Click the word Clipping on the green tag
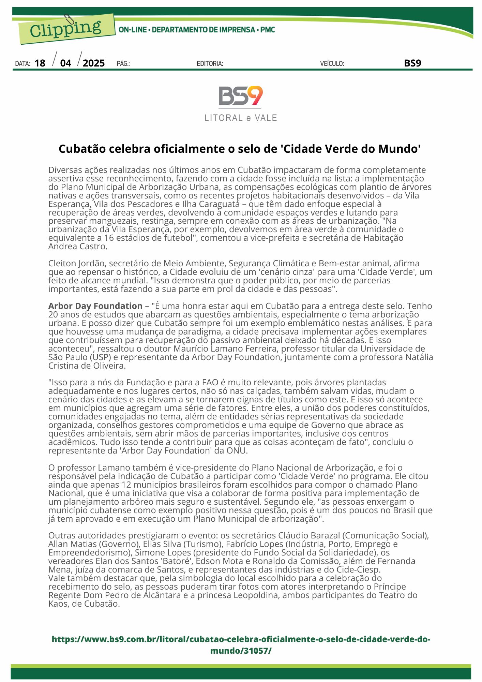coord(65,29)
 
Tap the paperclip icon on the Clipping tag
coord(69,20)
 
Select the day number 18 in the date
coord(40,63)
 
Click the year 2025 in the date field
coord(94,63)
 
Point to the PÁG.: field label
coord(123,64)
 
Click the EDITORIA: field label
coord(210,64)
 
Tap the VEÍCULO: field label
coord(332,64)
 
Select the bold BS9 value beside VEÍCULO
coord(412,63)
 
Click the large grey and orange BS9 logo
coord(241,96)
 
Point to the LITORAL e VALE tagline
coord(241,118)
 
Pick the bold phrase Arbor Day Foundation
coord(95,306)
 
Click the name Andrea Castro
coord(78,247)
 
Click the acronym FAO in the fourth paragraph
coord(210,383)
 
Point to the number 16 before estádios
coord(109,238)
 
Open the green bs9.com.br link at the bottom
coord(241,645)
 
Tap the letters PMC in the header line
coord(268,30)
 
